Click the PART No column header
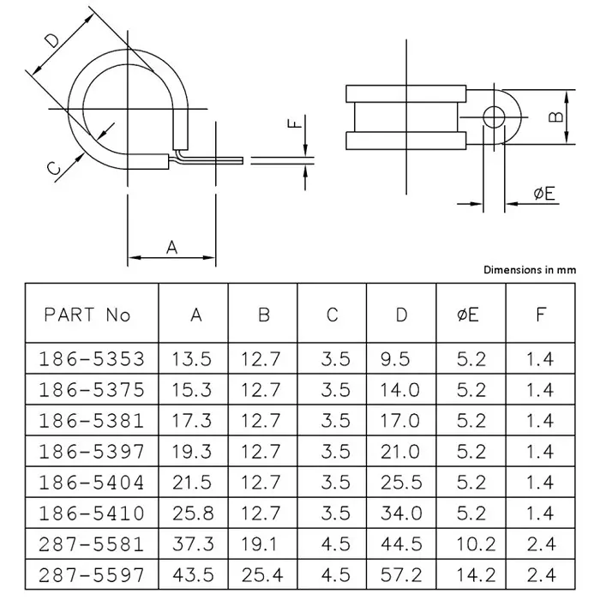tap(87, 315)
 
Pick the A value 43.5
tap(195, 574)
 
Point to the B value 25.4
tap(263, 574)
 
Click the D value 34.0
tap(401, 513)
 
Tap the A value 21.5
tap(195, 482)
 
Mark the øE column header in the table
tap(471, 315)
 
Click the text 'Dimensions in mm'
tap(530, 269)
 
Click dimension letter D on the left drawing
tap(53, 39)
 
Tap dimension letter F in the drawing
tap(295, 123)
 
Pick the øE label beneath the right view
tap(543, 195)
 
